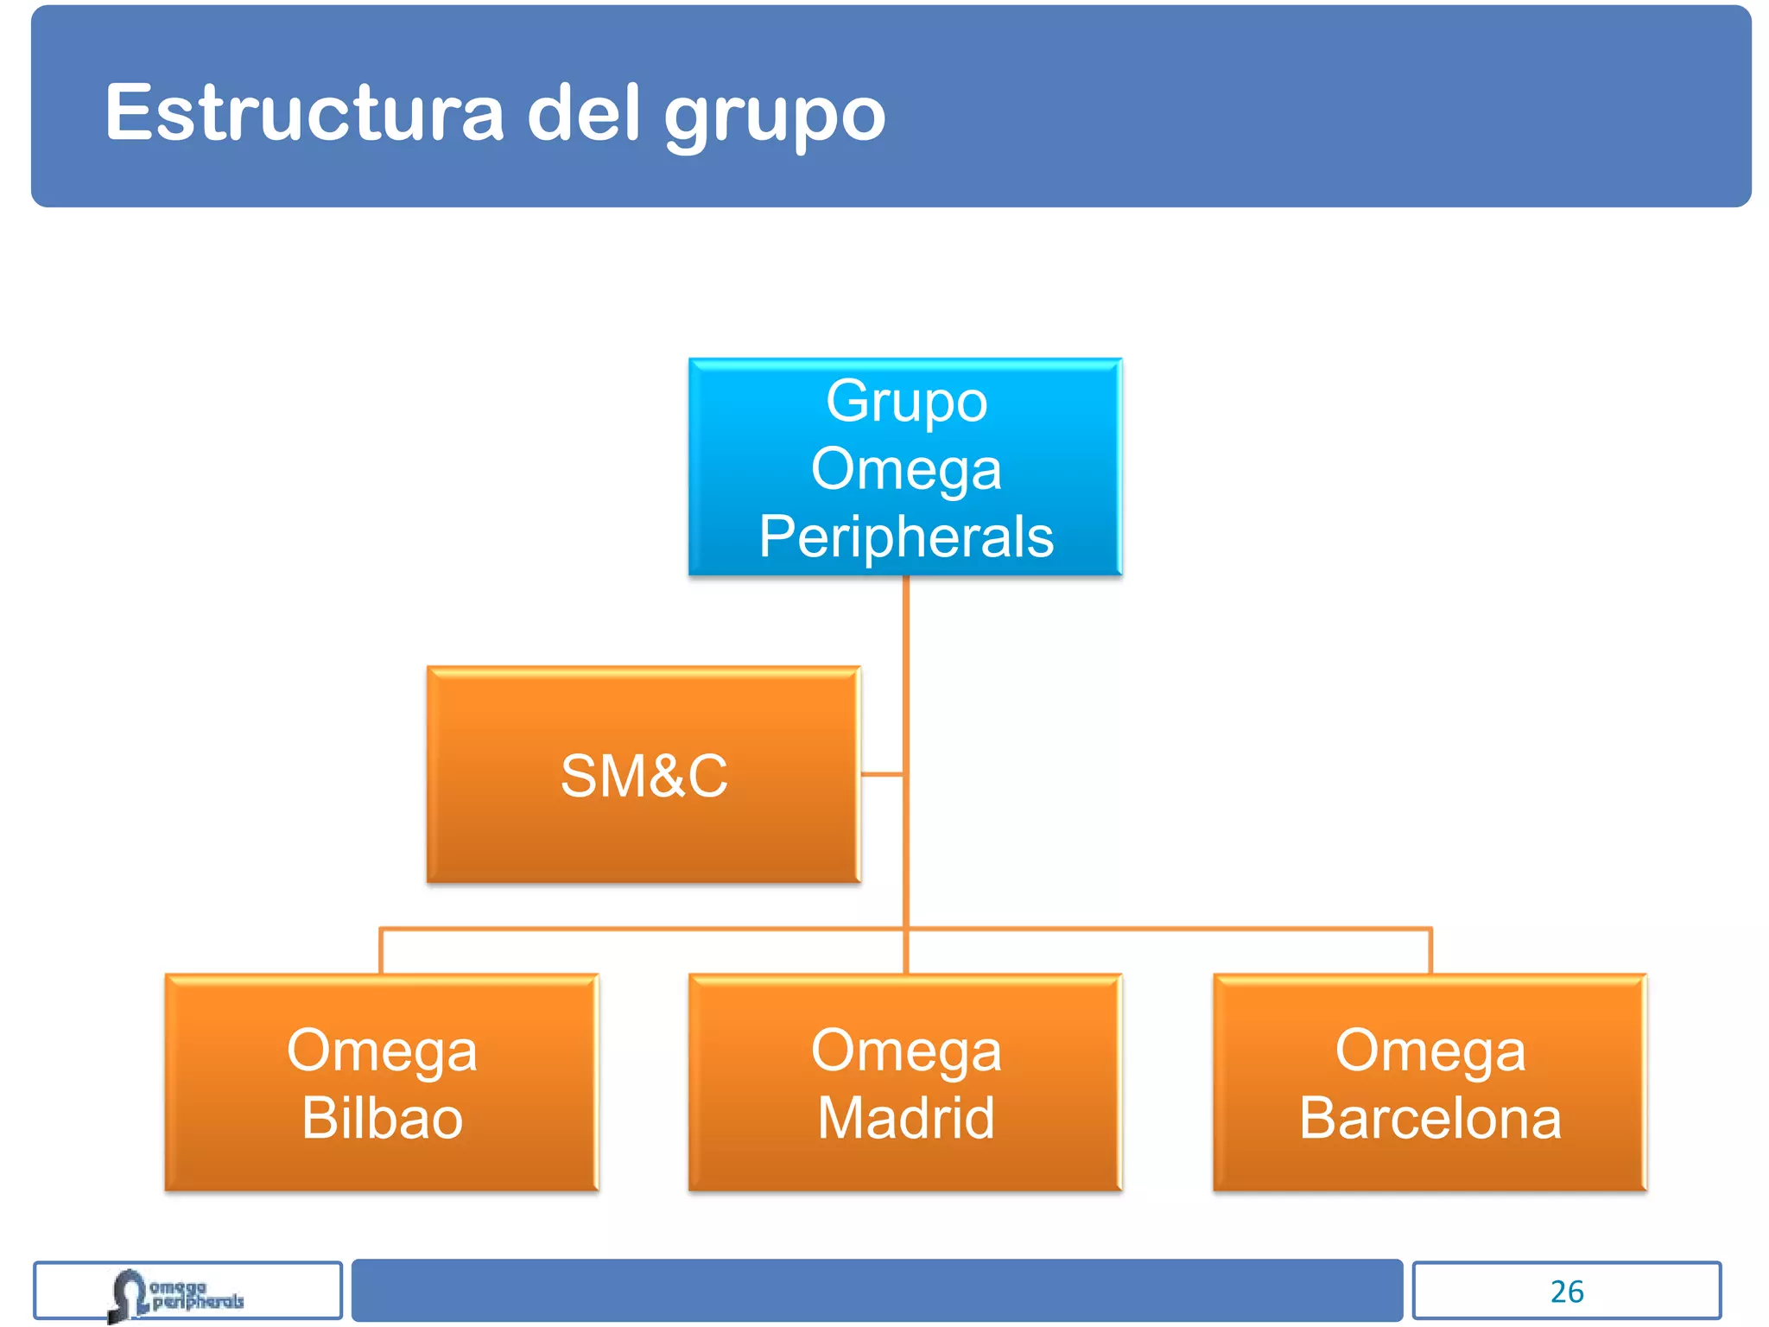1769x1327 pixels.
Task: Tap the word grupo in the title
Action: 775,117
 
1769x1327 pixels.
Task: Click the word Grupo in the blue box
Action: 906,402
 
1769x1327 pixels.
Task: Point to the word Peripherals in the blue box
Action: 906,537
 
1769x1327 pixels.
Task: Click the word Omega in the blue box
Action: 906,469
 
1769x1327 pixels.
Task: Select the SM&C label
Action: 644,775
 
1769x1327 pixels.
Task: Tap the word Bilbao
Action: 382,1118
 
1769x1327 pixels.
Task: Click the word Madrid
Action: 906,1118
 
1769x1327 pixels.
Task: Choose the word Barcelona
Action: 1430,1118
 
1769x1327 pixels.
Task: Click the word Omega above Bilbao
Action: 382,1051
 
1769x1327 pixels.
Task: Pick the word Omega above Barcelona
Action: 1430,1051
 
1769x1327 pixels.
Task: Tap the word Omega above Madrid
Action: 906,1051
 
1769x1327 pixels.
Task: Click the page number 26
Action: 1567,1292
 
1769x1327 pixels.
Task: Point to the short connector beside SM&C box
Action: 883,774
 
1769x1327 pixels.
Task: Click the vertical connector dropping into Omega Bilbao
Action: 381,951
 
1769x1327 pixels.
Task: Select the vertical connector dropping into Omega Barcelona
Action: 1431,951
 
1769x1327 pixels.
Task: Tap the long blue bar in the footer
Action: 877,1290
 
